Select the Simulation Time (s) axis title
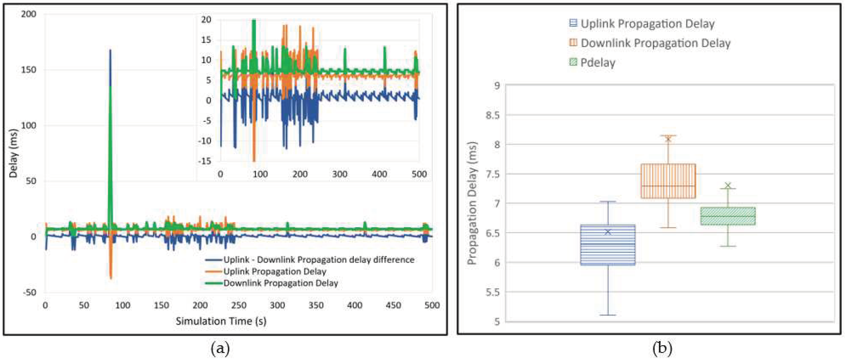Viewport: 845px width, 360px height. coord(221,321)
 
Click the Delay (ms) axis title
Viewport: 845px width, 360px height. coord(13,153)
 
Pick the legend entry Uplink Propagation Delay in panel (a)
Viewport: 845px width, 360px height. coord(275,272)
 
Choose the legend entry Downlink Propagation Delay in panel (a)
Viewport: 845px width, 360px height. coord(280,283)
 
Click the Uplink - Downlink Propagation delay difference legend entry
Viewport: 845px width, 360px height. coord(318,260)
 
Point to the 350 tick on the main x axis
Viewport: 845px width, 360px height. coord(316,305)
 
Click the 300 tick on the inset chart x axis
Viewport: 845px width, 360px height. coord(340,174)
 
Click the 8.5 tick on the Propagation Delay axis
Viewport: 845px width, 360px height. coord(492,115)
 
